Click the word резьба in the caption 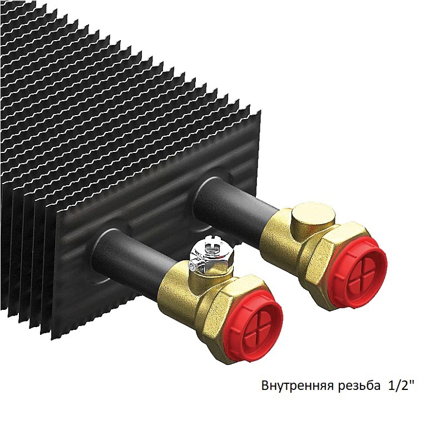[359, 385]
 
